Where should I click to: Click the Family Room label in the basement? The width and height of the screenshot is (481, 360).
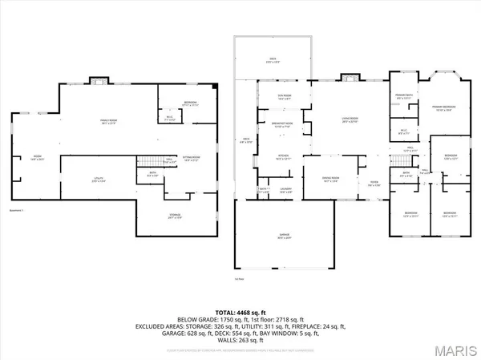pyautogui.click(x=109, y=122)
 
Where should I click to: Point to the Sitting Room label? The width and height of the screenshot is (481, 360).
pyautogui.click(x=191, y=160)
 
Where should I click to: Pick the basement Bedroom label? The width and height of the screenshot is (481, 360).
pyautogui.click(x=191, y=103)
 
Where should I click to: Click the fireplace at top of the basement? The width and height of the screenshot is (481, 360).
pyautogui.click(x=99, y=80)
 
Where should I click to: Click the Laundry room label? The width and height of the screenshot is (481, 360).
pyautogui.click(x=286, y=190)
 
